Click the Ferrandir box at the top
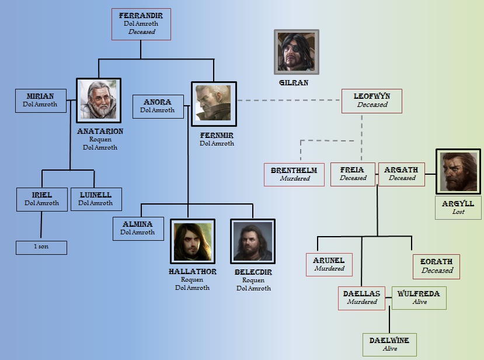click(x=141, y=24)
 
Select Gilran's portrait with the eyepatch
click(x=297, y=52)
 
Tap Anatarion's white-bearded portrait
click(x=99, y=101)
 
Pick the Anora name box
click(x=157, y=106)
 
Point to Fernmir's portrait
click(x=214, y=104)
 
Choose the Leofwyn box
click(x=372, y=100)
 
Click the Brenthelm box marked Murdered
click(x=294, y=174)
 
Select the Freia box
click(x=353, y=174)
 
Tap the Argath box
click(x=401, y=174)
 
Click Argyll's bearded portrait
click(x=458, y=171)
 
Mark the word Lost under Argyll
click(x=458, y=212)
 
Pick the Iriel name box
click(x=42, y=199)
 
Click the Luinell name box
click(x=96, y=199)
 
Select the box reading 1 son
click(x=41, y=247)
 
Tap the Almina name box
click(x=138, y=228)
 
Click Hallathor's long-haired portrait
click(x=192, y=241)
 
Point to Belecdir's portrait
click(x=253, y=241)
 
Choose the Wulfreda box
click(x=419, y=297)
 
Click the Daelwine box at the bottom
click(x=389, y=344)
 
